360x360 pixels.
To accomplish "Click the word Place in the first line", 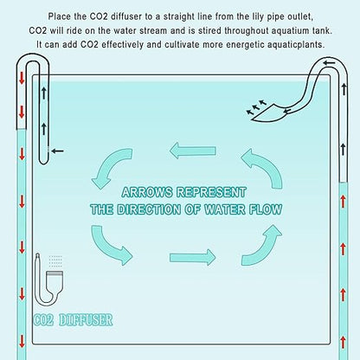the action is [60, 16].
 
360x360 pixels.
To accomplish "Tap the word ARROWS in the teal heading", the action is [147, 192].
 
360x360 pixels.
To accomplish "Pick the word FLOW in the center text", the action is [266, 209].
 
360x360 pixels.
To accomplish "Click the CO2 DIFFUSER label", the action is [73, 320].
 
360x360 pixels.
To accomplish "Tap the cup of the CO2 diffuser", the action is [55, 280].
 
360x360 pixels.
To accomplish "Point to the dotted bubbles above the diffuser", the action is [55, 262].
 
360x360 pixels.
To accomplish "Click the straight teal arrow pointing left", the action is [193, 151].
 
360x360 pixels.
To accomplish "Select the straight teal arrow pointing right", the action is [193, 257].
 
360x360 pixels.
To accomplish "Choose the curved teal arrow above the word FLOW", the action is [267, 167].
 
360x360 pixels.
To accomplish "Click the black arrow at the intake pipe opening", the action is [57, 151].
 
